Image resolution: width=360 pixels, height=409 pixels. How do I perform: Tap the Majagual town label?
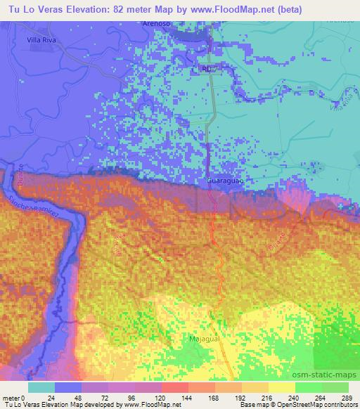click(205, 339)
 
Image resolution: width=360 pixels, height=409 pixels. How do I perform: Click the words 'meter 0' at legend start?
click(13, 398)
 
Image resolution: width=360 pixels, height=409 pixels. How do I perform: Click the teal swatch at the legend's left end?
click(42, 387)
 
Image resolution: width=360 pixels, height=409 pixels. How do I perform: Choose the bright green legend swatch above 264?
click(309, 387)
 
